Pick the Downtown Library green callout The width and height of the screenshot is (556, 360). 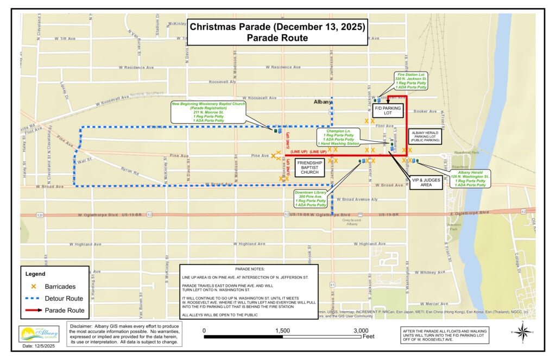[311, 199]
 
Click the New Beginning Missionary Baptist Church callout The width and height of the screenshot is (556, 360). [208, 112]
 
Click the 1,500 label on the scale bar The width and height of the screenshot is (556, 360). [282, 330]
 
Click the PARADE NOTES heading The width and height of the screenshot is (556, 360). [249, 269]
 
